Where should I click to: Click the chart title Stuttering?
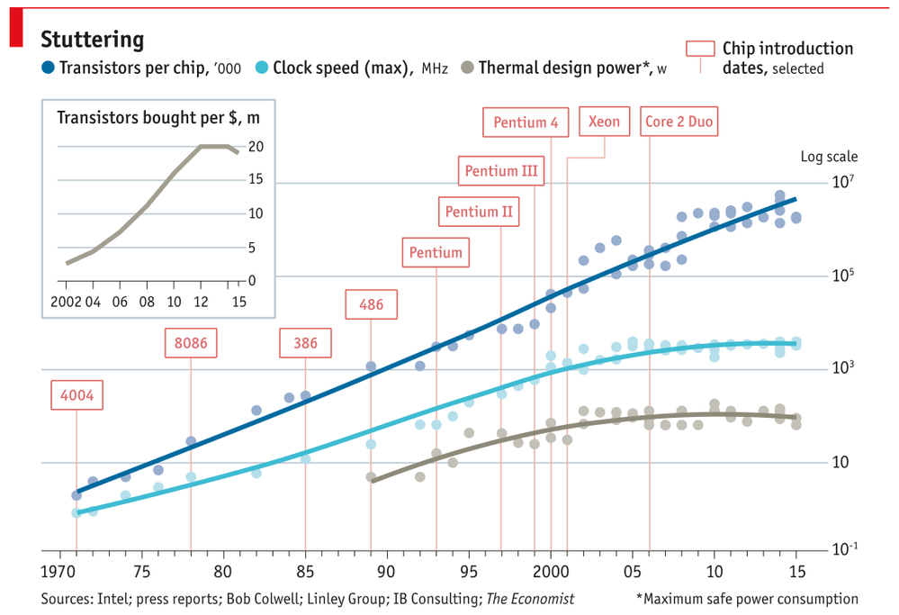tap(93, 40)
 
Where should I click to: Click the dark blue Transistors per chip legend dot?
tap(49, 68)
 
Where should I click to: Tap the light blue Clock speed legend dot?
tap(262, 68)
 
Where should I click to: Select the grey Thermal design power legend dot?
tap(467, 68)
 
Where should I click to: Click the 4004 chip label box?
tap(76, 395)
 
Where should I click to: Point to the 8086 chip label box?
tap(191, 343)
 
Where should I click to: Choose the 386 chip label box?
tap(305, 343)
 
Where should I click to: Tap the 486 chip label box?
tap(371, 304)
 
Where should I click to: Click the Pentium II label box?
tap(479, 213)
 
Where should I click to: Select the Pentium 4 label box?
tap(526, 122)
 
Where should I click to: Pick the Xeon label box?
tap(604, 122)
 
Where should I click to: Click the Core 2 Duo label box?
tap(679, 122)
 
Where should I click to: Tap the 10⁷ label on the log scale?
tap(842, 183)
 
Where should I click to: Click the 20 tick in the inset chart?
tap(256, 146)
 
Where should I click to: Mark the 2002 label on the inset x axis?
tap(67, 301)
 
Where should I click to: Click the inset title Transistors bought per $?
tap(158, 118)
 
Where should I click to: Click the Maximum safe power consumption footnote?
tap(747, 599)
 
